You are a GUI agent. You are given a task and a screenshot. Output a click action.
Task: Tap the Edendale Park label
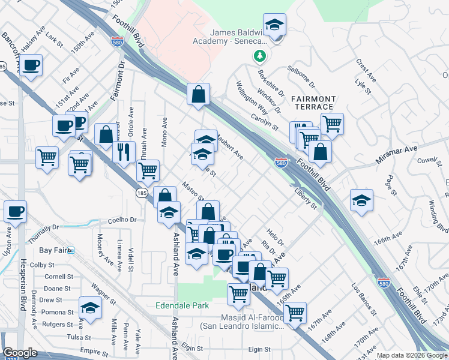click(x=182, y=305)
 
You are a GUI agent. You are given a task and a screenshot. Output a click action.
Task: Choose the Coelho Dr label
click(x=122, y=220)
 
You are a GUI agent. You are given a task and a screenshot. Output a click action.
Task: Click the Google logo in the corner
click(x=20, y=353)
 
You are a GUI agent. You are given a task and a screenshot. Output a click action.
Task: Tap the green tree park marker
click(x=259, y=56)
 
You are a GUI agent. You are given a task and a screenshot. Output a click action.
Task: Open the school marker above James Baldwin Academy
click(x=274, y=25)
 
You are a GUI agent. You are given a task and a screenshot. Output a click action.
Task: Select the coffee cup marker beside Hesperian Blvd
click(x=15, y=211)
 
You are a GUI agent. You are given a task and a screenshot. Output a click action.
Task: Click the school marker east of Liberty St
click(x=361, y=200)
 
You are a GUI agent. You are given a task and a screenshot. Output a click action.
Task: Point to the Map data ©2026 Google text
click(x=412, y=355)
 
